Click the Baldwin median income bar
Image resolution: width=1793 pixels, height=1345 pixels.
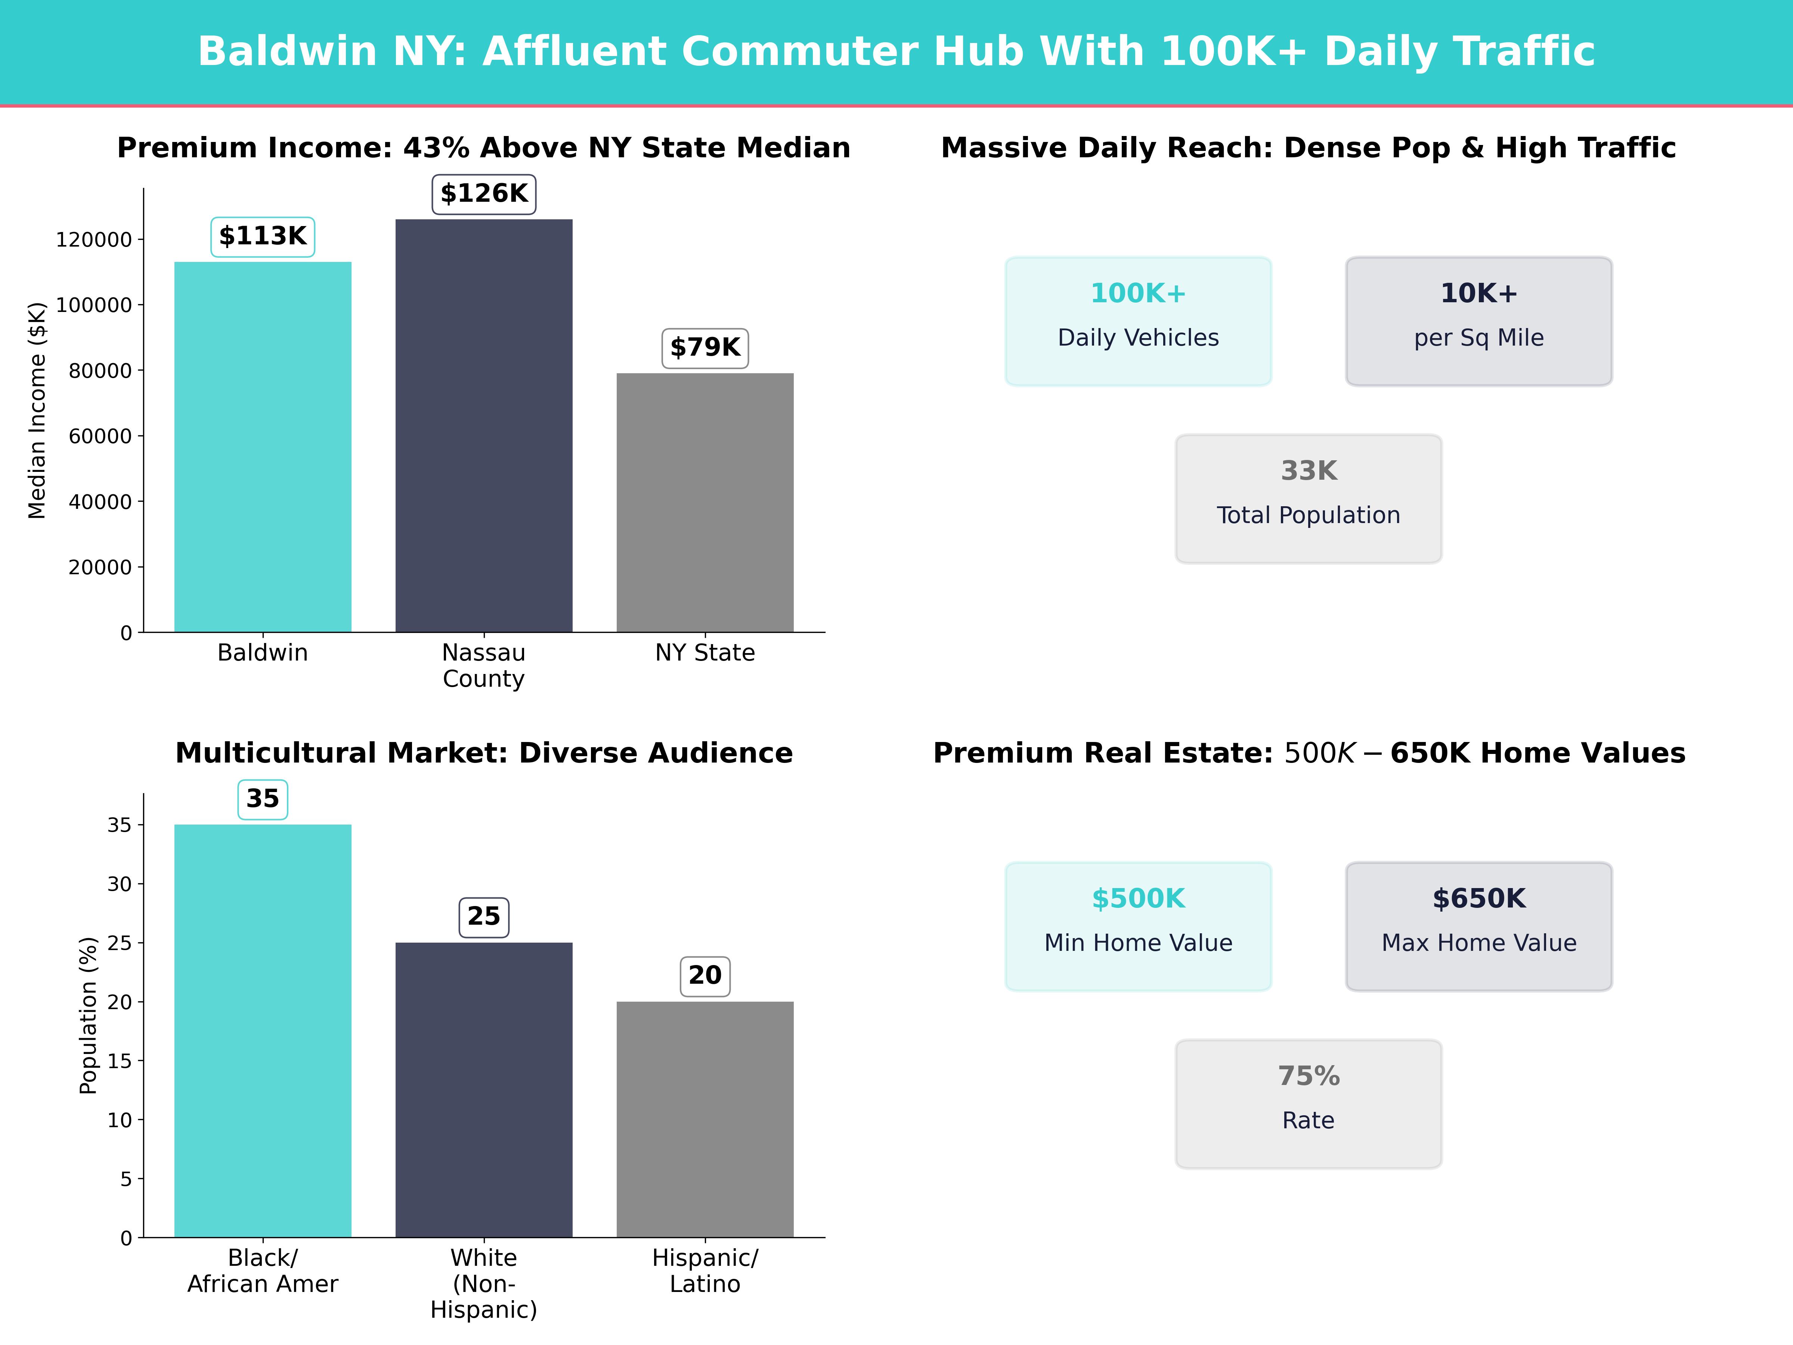(x=263, y=446)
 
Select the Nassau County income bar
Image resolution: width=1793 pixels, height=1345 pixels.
(x=484, y=426)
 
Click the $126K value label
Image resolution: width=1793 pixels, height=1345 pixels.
(x=484, y=194)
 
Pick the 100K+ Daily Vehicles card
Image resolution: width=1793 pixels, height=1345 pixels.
(x=1138, y=321)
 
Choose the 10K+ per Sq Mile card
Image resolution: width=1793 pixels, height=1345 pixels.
(x=1478, y=321)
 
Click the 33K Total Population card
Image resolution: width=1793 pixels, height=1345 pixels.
(x=1308, y=499)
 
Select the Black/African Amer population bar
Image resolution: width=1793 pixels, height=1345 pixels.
(x=263, y=1030)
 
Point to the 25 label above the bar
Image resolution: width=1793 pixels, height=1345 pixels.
(x=484, y=917)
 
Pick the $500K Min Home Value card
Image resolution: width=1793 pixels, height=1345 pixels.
(x=1138, y=926)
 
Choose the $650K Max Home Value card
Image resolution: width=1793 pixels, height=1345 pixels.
(x=1478, y=926)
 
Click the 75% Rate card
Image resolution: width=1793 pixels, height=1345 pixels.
(x=1308, y=1103)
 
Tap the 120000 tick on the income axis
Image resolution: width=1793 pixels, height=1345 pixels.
(x=93, y=240)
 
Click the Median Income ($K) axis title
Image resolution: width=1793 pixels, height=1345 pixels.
(x=37, y=410)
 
